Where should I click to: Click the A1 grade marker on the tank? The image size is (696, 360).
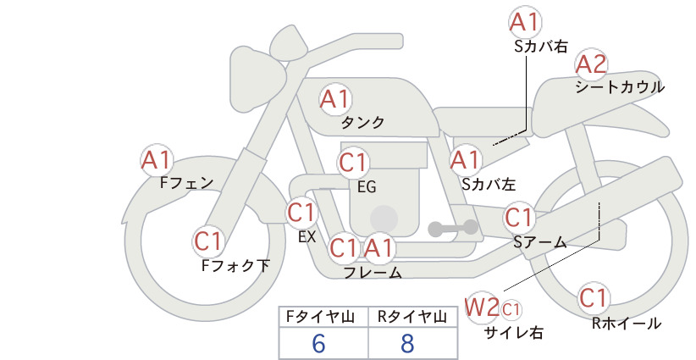(x=335, y=99)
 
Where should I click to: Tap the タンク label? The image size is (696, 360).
(x=362, y=123)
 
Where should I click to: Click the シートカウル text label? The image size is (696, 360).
(x=620, y=87)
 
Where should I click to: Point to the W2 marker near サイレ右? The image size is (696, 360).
(x=481, y=307)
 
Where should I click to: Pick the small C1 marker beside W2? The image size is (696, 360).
(x=511, y=309)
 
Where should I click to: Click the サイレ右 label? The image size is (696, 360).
(x=514, y=333)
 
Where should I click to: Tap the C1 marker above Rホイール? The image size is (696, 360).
(x=594, y=298)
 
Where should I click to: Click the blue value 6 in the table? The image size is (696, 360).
(x=318, y=344)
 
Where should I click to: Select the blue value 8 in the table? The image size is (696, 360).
(x=407, y=344)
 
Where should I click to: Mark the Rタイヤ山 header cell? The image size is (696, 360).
(x=413, y=317)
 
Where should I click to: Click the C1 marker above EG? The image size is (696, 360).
(x=353, y=163)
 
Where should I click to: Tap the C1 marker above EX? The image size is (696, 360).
(x=301, y=213)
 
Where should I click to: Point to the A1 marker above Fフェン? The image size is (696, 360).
(x=157, y=160)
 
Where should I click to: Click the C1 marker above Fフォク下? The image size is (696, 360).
(x=207, y=242)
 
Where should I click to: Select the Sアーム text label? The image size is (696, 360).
(x=540, y=242)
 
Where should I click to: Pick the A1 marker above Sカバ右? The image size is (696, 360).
(x=526, y=22)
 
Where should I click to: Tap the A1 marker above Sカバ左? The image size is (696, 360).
(x=466, y=160)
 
